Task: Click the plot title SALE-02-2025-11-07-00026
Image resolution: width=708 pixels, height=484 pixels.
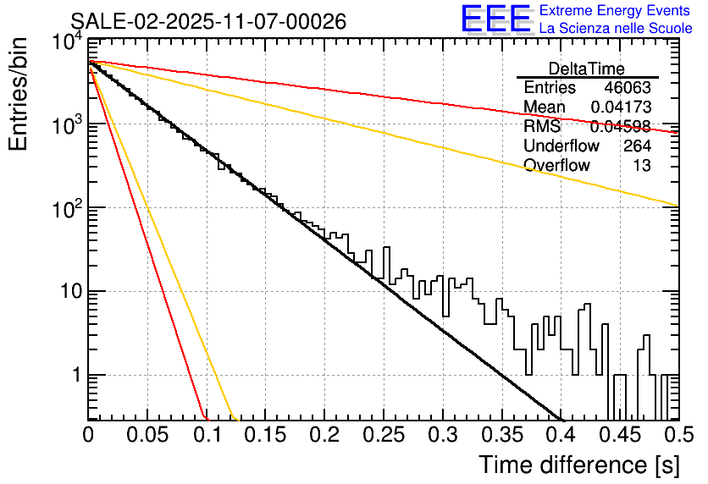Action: point(207,21)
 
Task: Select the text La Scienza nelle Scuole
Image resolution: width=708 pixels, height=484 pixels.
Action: point(616,28)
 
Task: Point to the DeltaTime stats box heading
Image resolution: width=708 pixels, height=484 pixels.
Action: point(587,69)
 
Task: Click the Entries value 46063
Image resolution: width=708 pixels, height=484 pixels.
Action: point(628,88)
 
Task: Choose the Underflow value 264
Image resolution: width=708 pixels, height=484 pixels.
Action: point(637,146)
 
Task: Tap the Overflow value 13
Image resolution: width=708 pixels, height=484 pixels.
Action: point(643,166)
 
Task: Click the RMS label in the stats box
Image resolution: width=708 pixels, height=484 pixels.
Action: point(542,127)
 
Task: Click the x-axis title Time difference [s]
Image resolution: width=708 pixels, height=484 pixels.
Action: point(578,465)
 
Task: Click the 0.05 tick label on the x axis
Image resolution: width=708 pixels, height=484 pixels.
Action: point(147,435)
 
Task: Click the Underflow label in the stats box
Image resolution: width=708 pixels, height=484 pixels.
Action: point(561,146)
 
